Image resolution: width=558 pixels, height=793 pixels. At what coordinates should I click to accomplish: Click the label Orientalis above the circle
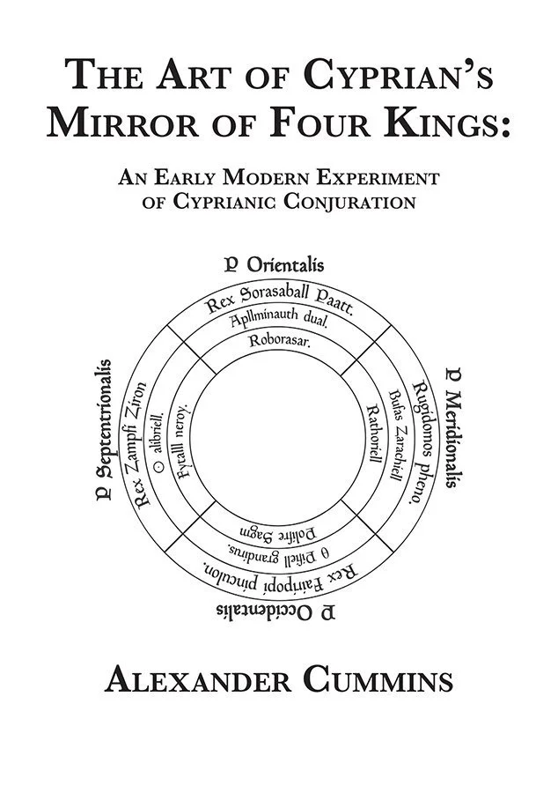pos(285,263)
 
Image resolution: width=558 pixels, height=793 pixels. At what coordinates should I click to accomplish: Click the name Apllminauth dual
pos(280,322)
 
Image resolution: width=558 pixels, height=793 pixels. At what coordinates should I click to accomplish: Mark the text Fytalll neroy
pos(183,439)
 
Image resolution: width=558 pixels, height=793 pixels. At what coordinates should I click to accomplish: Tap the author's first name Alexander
pos(192,681)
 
